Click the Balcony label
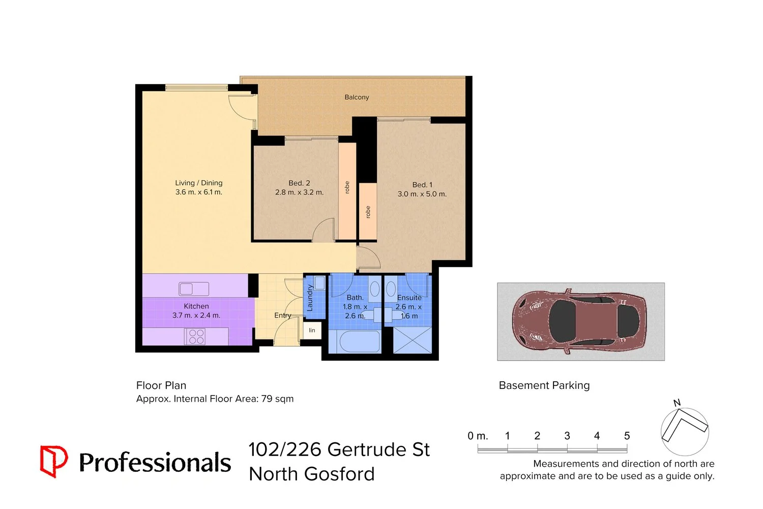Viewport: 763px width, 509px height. [x=357, y=97]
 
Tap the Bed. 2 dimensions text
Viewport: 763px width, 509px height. [x=300, y=192]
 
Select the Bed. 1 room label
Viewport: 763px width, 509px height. [x=422, y=185]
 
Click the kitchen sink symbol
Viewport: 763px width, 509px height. [x=194, y=289]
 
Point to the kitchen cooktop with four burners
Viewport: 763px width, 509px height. [x=194, y=336]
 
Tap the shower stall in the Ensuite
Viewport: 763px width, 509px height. [x=413, y=340]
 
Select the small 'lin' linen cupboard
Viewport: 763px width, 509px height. [x=312, y=330]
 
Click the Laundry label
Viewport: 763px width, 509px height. [x=310, y=298]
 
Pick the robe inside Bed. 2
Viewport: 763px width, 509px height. [x=347, y=191]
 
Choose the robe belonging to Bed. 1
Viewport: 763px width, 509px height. [x=368, y=211]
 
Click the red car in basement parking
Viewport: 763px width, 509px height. [x=579, y=321]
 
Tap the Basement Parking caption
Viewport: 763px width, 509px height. [x=544, y=385]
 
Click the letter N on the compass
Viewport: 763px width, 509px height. [x=677, y=403]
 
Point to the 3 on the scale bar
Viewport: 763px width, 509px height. [x=567, y=436]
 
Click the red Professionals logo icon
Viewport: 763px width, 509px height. [x=54, y=461]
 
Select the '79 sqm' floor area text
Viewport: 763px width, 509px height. [x=277, y=399]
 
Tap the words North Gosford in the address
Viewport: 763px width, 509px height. [x=312, y=474]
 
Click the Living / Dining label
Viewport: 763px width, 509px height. [x=198, y=183]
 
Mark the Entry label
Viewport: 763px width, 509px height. [x=283, y=316]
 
